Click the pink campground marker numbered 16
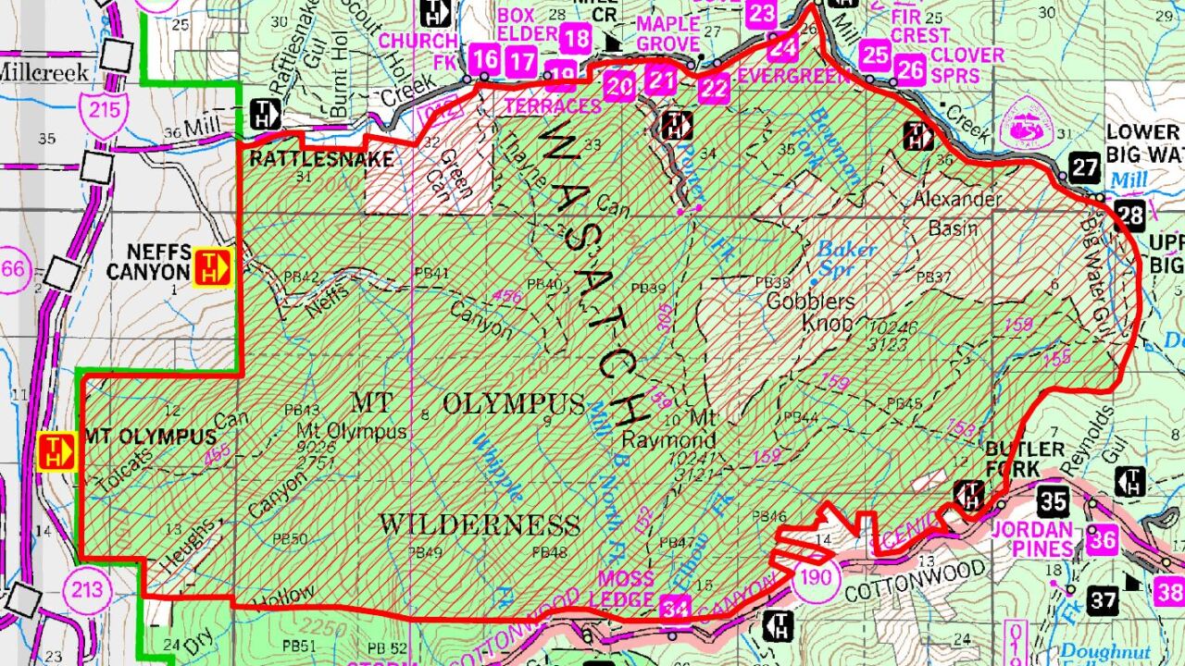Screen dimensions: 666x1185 click(x=485, y=60)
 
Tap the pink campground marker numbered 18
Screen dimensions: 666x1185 click(x=576, y=38)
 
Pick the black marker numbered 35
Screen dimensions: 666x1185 click(x=1054, y=501)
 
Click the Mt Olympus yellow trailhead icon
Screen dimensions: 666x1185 click(x=56, y=450)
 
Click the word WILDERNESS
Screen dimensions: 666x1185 click(x=479, y=525)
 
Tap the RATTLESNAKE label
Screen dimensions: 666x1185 click(x=321, y=159)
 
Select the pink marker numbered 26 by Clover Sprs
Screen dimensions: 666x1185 click(x=911, y=68)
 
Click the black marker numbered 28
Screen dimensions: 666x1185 click(x=1129, y=215)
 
